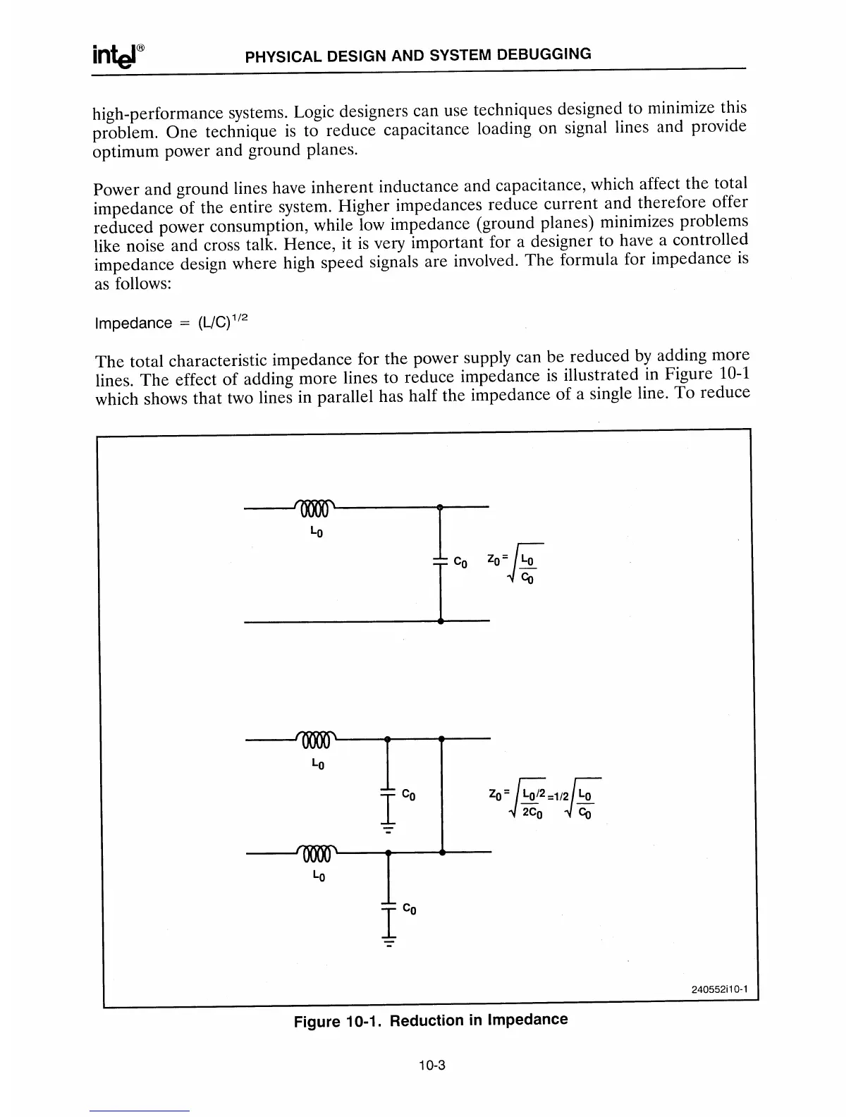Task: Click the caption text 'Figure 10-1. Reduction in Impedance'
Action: point(430,1020)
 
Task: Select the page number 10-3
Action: point(431,1066)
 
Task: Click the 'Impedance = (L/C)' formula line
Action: point(171,322)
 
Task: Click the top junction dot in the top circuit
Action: point(440,507)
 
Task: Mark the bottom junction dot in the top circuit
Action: point(440,622)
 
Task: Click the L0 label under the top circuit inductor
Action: point(317,531)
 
